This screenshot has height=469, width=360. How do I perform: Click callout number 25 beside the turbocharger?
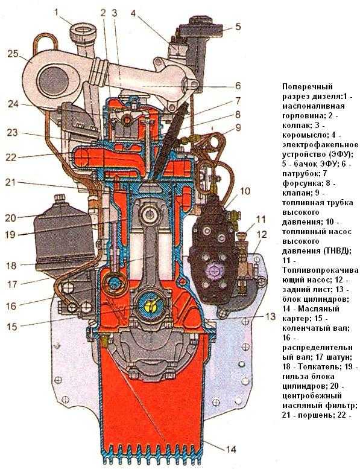(13, 54)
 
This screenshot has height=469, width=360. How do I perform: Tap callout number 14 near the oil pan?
(230, 449)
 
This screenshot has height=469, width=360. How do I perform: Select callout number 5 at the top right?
(238, 27)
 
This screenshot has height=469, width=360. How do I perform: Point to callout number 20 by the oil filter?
(10, 218)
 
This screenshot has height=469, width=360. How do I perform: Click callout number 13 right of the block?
(270, 316)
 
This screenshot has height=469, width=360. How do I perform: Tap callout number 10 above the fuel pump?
(245, 191)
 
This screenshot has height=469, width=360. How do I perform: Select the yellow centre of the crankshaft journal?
(151, 305)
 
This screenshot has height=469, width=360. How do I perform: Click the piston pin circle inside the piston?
(149, 214)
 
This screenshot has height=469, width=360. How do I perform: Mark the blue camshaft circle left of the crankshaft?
(115, 283)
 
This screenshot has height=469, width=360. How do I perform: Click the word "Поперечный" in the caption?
(308, 87)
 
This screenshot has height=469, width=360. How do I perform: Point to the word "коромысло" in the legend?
(304, 135)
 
